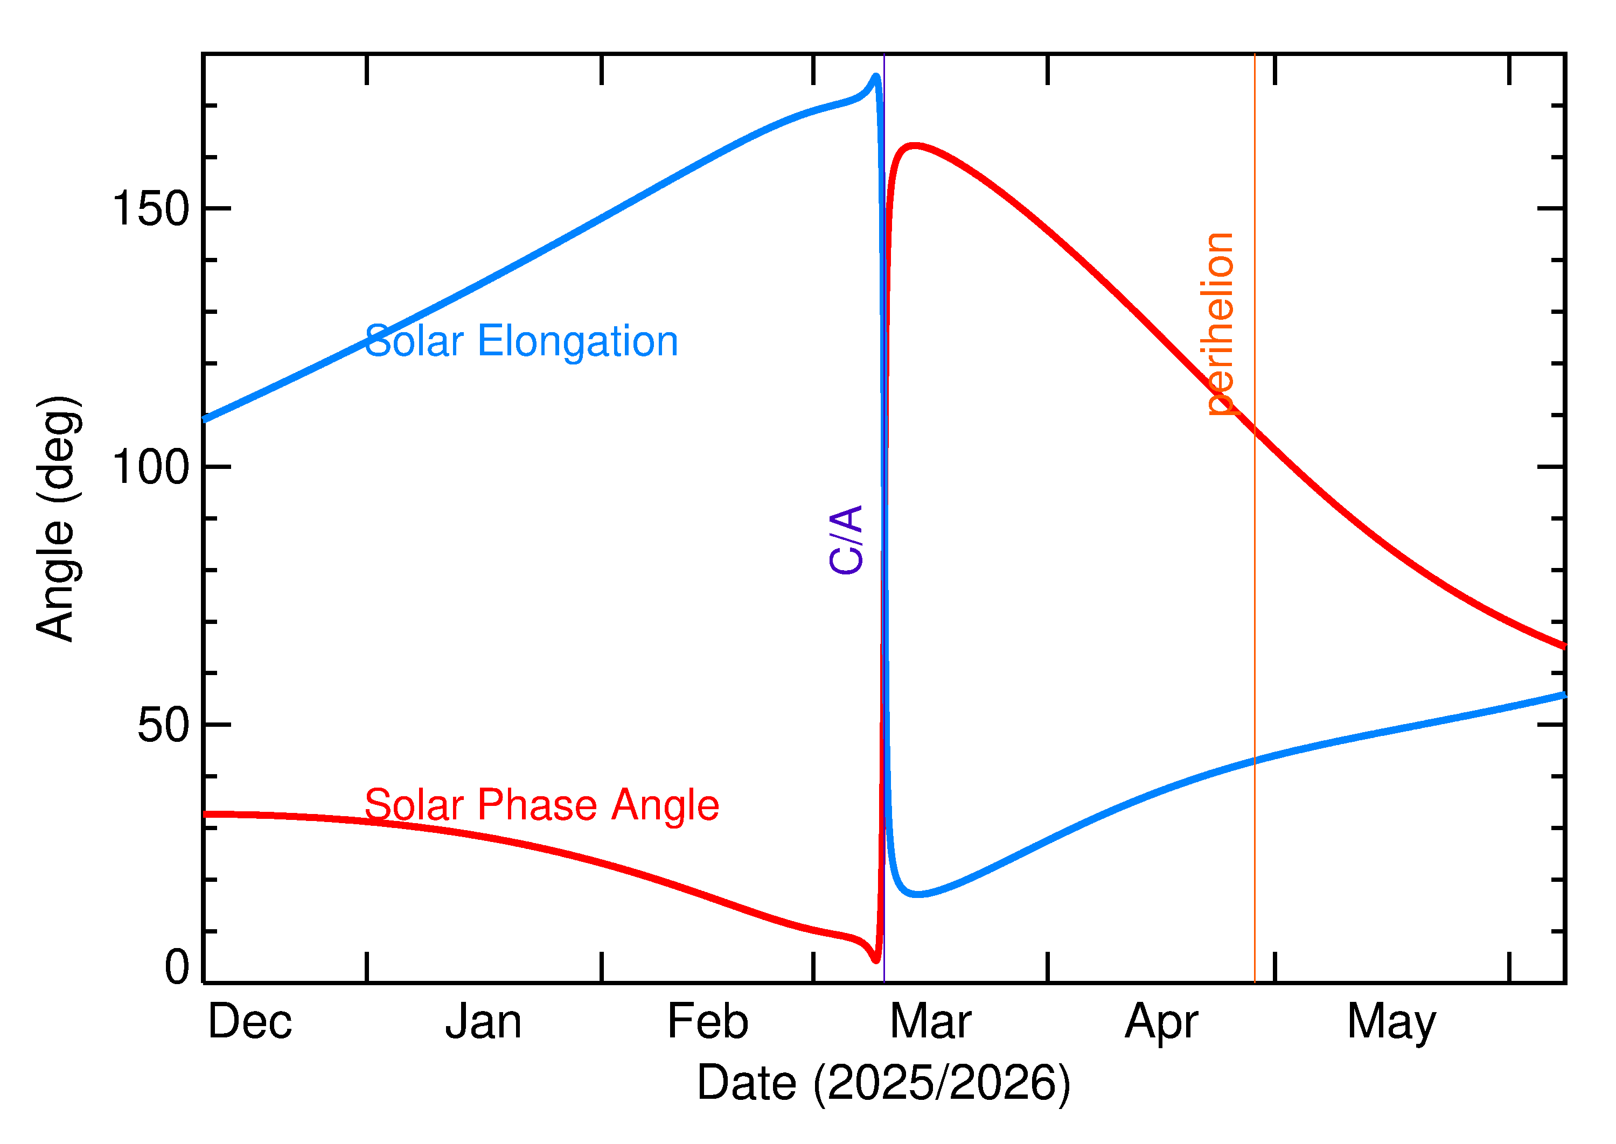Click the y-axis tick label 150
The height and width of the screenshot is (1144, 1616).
(151, 209)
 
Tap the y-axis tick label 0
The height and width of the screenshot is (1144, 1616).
(177, 967)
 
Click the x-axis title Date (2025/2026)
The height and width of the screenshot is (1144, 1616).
(883, 1083)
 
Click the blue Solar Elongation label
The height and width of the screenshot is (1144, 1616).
(521, 342)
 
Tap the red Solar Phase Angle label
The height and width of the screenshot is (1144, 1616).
(541, 805)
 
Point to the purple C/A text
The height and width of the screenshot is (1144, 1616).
(846, 539)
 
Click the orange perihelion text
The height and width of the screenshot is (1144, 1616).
(1218, 324)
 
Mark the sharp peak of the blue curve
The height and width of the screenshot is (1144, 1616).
(876, 76)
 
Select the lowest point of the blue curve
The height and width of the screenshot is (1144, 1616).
(917, 895)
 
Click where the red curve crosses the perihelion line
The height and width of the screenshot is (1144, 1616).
(1255, 429)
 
